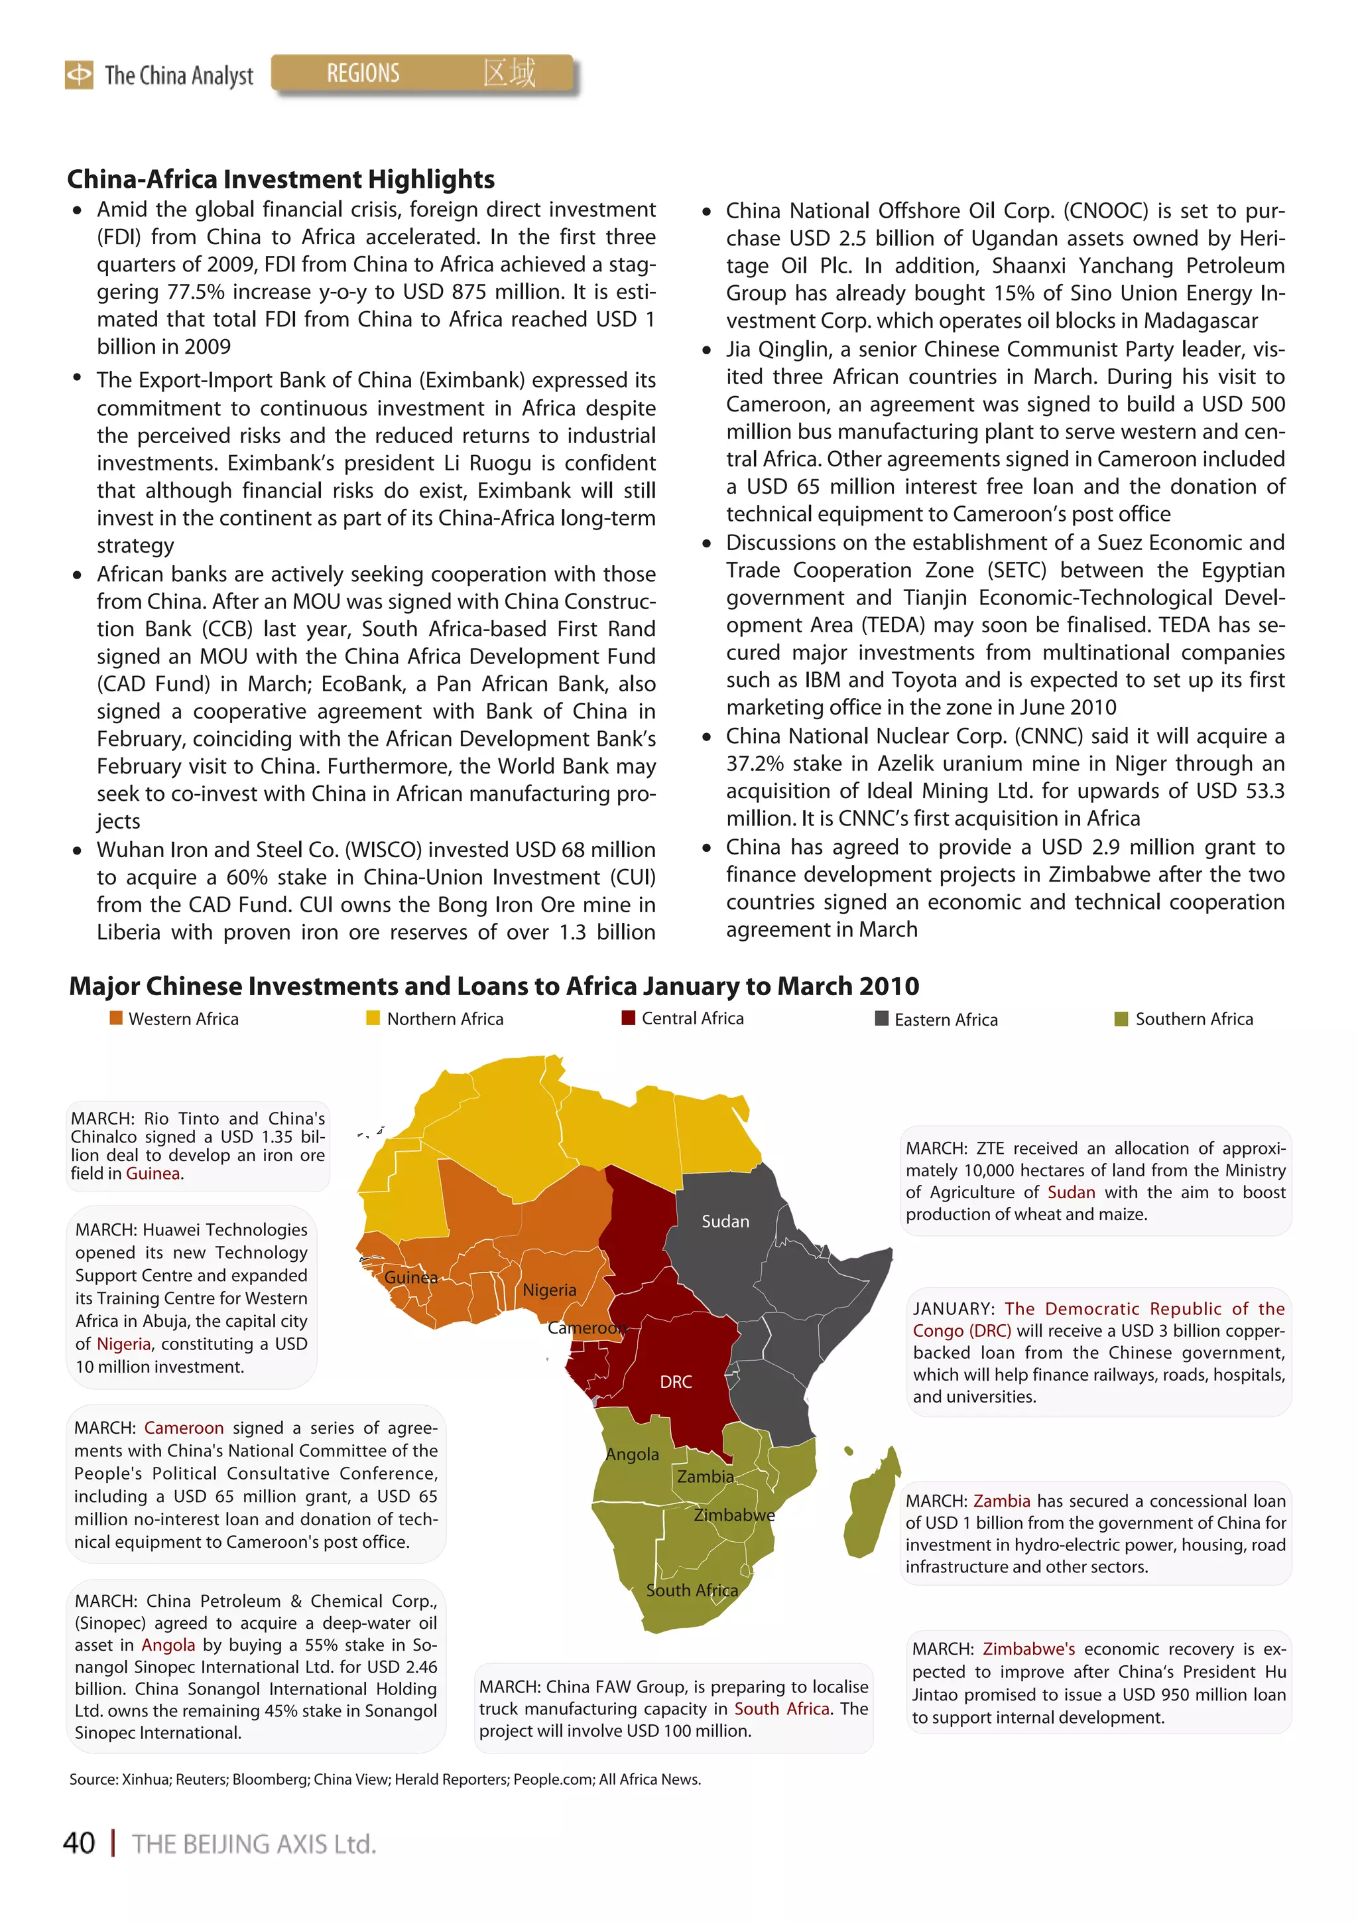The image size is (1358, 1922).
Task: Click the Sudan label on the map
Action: coord(725,1221)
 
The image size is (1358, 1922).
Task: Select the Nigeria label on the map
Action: coord(549,1290)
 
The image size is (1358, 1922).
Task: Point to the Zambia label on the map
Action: coord(706,1477)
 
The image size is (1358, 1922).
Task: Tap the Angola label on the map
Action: coord(632,1455)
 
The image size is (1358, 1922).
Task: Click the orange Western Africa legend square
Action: coord(116,1018)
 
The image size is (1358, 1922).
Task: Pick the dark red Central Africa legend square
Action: coord(629,1018)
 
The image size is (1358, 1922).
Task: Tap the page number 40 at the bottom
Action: coord(80,1843)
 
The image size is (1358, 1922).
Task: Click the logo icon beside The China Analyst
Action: coord(80,74)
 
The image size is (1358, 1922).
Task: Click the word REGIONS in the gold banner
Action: coord(363,74)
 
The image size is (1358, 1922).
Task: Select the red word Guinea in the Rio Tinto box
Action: coord(153,1174)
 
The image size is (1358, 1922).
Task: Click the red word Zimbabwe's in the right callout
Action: coord(1028,1649)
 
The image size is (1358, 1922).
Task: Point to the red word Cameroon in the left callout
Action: coord(183,1428)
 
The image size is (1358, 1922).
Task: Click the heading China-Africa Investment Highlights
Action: coord(280,179)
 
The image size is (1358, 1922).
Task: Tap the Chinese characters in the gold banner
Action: coord(509,73)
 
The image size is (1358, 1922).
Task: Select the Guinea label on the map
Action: coord(411,1277)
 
